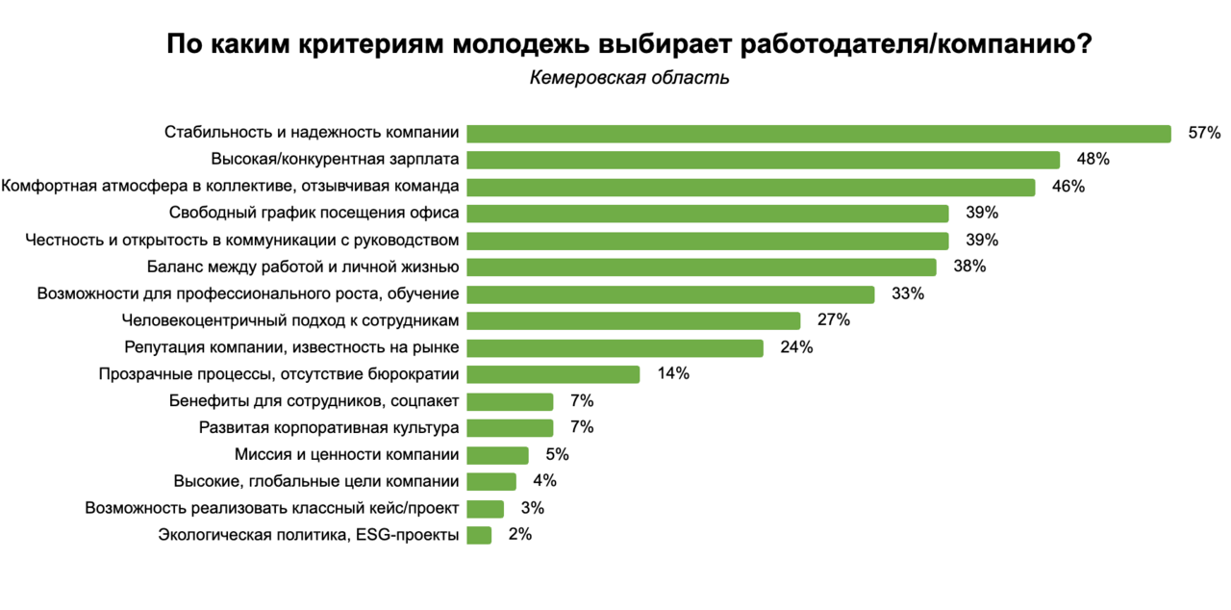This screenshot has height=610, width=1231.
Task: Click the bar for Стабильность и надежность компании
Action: (x=817, y=133)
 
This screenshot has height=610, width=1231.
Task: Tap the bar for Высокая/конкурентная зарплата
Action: (x=763, y=160)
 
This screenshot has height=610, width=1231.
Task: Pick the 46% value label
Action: (x=1068, y=187)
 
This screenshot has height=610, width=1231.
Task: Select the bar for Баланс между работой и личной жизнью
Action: (x=701, y=267)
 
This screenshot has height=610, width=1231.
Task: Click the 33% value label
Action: (x=908, y=293)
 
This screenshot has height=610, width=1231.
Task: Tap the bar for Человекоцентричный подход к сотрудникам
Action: (x=633, y=320)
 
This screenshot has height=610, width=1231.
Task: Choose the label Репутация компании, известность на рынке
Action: (x=291, y=347)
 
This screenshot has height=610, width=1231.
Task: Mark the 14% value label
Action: (x=673, y=374)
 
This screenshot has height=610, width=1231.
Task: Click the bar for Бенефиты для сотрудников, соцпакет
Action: (x=510, y=401)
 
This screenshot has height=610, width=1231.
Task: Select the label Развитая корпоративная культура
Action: (x=328, y=428)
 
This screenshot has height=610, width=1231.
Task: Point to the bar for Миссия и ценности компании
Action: (x=497, y=455)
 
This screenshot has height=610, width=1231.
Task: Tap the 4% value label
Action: (x=544, y=481)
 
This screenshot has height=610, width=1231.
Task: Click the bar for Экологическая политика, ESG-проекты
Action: (x=479, y=535)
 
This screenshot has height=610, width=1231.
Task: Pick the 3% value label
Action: (x=532, y=508)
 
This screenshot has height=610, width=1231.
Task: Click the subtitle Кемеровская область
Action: (x=629, y=78)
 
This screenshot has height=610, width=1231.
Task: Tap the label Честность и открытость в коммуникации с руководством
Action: (x=241, y=240)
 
